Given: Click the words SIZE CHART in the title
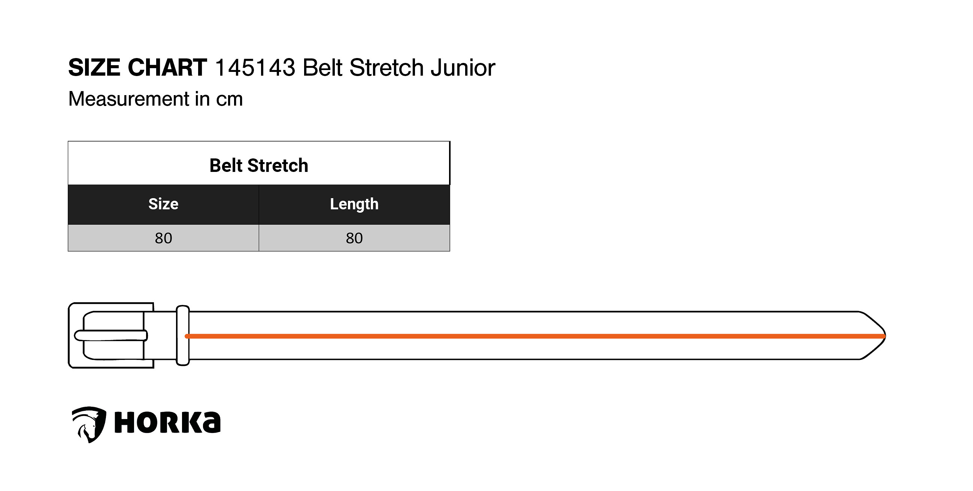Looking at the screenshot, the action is pos(137,68).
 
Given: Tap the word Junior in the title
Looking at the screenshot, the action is pos(463,68).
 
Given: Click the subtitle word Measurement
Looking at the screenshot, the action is pos(129,99).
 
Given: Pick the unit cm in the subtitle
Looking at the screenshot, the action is pos(229,100).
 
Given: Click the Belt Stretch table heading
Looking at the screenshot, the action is pos(259,166).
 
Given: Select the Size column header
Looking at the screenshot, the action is pos(163,204).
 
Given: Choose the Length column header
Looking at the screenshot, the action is pos(354,204).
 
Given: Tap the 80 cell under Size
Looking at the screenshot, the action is pos(164,238).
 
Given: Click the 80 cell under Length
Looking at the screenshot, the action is pos(354,238).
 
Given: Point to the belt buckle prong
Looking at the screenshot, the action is pos(111,336).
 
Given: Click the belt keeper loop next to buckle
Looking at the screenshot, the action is pos(183,336).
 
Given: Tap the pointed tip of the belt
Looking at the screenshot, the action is pos(885,336).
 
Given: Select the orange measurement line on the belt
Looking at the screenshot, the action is pos(535,336).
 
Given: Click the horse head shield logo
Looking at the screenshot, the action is pos(89,425).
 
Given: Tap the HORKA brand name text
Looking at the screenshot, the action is pos(167,422).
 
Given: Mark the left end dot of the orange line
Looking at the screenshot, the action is pos(187,336).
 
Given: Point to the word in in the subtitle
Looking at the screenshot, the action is pos(203,99).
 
